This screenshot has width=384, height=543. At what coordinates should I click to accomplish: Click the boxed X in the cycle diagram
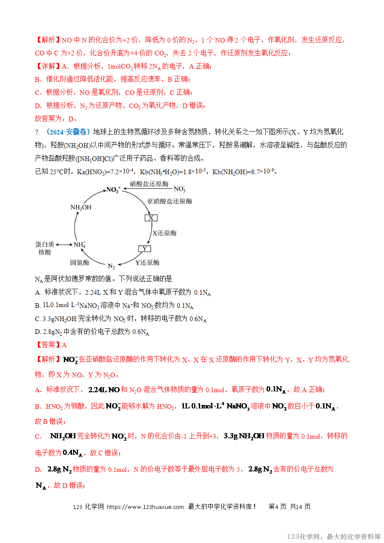tap(151, 218)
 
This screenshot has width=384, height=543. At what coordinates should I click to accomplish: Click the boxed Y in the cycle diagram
tap(145, 249)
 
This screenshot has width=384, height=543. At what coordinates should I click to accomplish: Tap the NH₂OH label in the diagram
tap(80, 207)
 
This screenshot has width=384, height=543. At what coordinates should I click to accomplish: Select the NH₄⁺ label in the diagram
tap(80, 244)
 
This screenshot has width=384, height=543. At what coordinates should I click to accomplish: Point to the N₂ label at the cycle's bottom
tap(111, 266)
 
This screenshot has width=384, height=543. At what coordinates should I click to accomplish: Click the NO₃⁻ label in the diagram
tap(180, 189)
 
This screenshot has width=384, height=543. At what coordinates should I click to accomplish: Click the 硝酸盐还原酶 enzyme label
tap(149, 184)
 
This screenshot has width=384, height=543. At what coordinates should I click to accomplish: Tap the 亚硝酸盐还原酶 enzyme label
tap(169, 201)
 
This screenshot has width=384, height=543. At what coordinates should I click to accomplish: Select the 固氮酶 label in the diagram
tap(80, 262)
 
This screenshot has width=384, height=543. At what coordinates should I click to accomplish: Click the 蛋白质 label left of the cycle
tap(45, 244)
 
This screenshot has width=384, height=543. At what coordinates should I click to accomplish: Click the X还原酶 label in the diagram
tap(164, 233)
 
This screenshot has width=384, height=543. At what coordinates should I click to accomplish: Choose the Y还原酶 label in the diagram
tap(147, 262)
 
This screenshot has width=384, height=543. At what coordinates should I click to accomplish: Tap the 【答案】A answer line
tap(51, 345)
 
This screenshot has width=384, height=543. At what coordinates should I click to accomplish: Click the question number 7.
tap(37, 132)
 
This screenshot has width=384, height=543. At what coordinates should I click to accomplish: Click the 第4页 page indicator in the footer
tap(278, 507)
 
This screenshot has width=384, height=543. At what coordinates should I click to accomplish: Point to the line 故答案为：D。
tap(55, 119)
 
